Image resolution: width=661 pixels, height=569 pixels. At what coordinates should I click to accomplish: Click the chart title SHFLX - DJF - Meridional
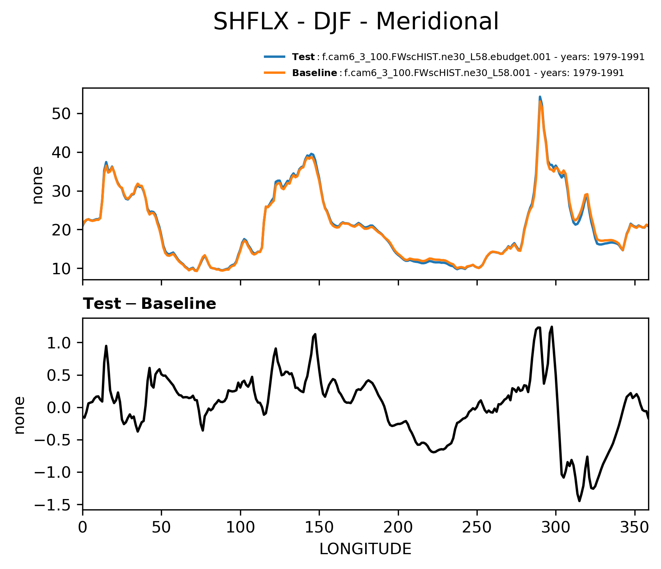(356, 21)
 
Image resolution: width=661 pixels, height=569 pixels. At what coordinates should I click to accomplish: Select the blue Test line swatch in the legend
(275, 57)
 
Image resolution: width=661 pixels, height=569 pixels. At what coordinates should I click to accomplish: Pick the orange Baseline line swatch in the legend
(275, 73)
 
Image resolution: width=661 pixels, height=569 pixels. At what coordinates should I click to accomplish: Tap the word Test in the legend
(303, 57)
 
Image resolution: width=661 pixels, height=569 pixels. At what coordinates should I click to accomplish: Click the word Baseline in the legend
(314, 73)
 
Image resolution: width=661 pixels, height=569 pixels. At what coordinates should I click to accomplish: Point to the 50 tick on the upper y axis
(62, 114)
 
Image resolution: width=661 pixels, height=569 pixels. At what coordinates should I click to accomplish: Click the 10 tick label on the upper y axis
(62, 269)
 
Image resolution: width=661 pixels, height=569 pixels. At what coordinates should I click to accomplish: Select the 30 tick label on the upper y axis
(62, 191)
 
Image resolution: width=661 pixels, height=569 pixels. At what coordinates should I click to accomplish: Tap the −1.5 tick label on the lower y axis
(54, 505)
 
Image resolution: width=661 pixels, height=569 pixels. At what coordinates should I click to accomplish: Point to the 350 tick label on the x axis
(634, 527)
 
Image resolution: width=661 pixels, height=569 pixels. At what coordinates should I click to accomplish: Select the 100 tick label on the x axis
(240, 527)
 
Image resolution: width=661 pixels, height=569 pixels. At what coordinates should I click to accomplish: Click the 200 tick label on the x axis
(398, 527)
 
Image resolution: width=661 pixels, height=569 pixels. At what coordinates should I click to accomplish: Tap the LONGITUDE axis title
(365, 549)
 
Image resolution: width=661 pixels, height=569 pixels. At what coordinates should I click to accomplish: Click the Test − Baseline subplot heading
(149, 304)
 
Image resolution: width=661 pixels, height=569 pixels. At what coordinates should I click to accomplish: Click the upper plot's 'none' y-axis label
(38, 185)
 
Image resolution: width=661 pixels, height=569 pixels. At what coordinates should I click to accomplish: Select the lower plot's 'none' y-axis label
(19, 415)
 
